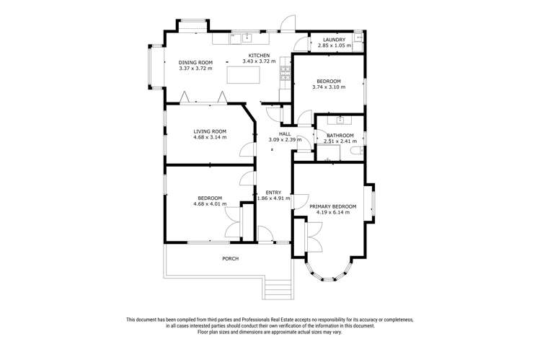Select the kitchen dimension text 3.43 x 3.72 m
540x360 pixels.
coord(259,62)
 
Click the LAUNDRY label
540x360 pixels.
coord(334,40)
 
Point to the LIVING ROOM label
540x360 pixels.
coord(210,131)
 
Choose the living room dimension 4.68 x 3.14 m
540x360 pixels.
coord(210,137)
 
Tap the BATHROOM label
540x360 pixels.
coord(340,135)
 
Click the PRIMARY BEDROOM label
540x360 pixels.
coord(333,206)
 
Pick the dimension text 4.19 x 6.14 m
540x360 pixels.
coord(333,213)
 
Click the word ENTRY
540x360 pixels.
coord(273,192)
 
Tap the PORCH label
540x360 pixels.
coord(230,258)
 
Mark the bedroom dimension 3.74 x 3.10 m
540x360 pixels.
coord(329,87)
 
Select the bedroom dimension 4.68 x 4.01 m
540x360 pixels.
coord(210,204)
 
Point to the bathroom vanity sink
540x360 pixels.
coord(340,120)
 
